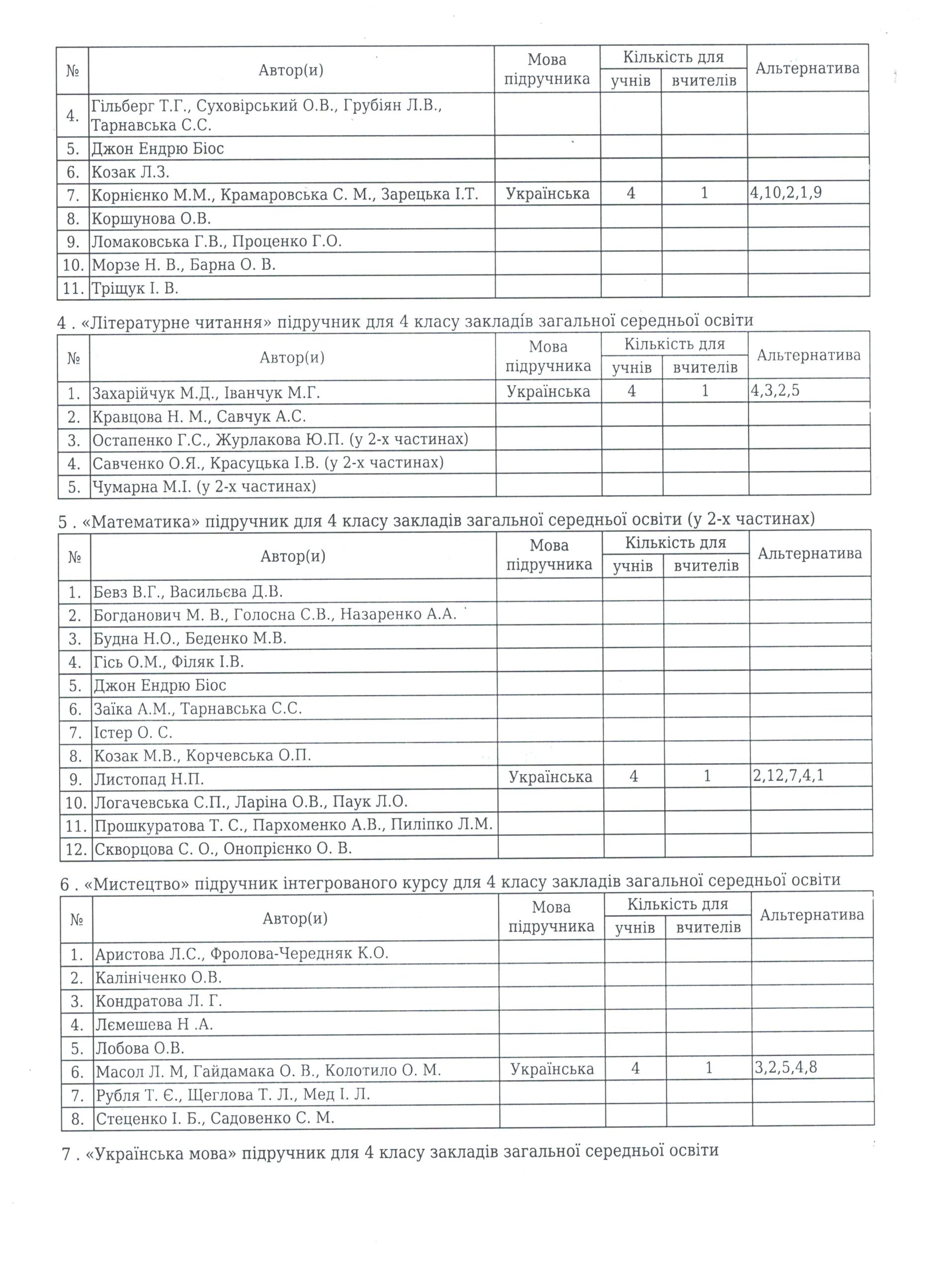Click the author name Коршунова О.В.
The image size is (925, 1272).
[x=152, y=218]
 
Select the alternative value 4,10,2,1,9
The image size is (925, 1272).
[x=786, y=193]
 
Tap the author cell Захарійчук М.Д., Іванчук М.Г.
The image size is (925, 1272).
[x=206, y=393]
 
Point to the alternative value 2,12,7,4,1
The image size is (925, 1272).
[x=789, y=776]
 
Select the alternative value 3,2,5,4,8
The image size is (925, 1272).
[x=786, y=1067]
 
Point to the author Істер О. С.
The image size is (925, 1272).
[x=133, y=732]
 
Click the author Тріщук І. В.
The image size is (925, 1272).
[x=135, y=288]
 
